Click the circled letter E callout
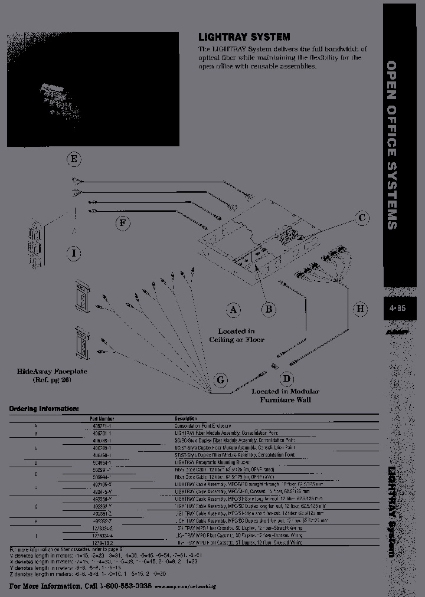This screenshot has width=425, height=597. [x=74, y=159]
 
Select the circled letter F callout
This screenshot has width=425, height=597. [x=122, y=222]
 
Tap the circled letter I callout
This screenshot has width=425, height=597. [x=74, y=253]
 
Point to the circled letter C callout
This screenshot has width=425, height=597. [x=361, y=218]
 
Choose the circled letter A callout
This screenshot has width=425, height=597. [x=234, y=309]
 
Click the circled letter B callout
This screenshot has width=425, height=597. [x=269, y=309]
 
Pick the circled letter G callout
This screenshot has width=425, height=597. [x=220, y=380]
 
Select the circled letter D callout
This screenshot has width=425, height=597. [x=286, y=378]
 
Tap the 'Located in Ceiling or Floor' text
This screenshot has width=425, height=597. [x=236, y=336]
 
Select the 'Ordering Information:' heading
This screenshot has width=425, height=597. [x=43, y=408]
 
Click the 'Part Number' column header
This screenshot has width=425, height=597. [x=94, y=418]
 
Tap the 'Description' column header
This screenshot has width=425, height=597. [x=185, y=418]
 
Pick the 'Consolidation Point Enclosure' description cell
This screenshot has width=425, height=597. [x=202, y=425]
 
